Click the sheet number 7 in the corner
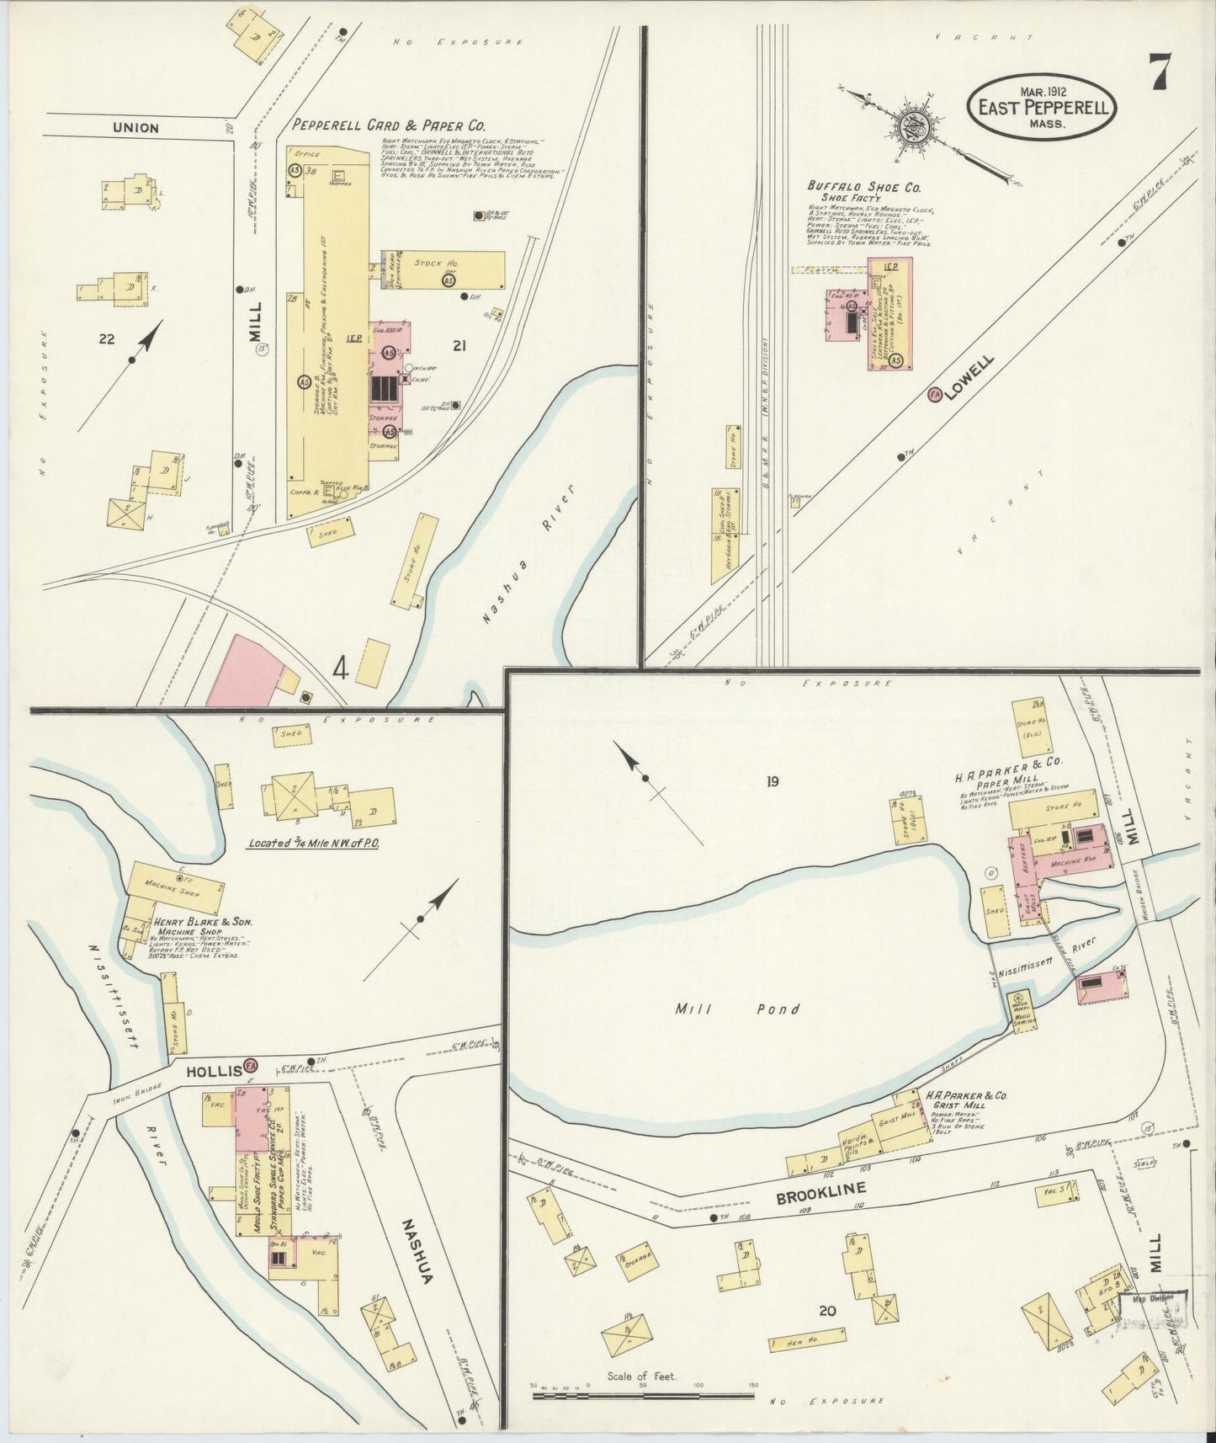1160,72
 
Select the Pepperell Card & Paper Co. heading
389,125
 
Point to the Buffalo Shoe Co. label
863,186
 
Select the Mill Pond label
737,1009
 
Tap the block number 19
772,781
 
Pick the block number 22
106,339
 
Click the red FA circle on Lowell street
934,394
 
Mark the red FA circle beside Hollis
251,1067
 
